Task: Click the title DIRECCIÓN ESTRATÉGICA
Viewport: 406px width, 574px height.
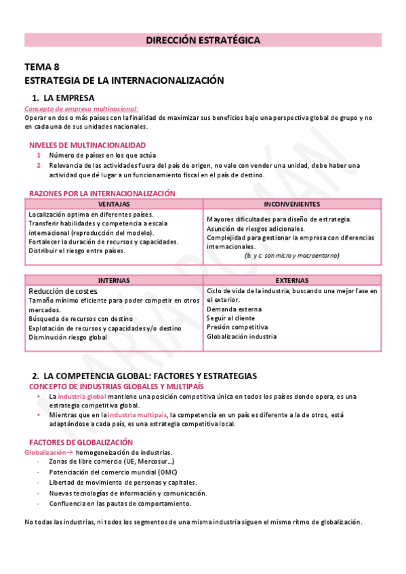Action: [203, 41]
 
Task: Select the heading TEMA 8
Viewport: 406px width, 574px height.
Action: [41, 67]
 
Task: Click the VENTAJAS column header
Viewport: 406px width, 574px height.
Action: [114, 204]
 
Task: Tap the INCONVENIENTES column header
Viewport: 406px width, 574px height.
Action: [291, 204]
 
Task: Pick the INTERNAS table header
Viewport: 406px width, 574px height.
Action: [114, 280]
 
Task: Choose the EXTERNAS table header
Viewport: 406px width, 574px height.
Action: [291, 280]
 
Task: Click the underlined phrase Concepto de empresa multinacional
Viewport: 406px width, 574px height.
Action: [81, 108]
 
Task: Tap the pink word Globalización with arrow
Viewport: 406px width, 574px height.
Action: [47, 451]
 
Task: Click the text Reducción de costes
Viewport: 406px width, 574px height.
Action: [63, 291]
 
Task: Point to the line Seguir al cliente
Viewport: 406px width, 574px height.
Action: [230, 317]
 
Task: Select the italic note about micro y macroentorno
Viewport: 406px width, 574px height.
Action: [291, 255]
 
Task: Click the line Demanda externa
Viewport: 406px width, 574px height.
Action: [234, 309]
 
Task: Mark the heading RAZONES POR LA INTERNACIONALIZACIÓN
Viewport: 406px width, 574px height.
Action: [102, 193]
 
